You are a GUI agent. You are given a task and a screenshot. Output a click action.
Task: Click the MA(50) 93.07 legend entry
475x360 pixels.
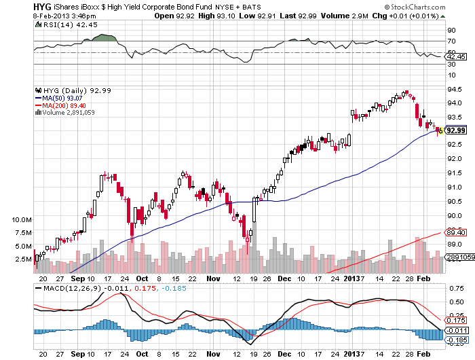60,98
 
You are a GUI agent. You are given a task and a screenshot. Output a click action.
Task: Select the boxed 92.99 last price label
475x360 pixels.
456,130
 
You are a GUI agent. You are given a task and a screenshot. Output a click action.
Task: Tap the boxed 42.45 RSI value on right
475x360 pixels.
455,58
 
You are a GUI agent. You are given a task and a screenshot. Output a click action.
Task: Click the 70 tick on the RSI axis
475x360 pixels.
451,41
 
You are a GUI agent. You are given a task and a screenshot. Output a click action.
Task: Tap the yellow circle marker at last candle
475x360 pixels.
440,130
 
